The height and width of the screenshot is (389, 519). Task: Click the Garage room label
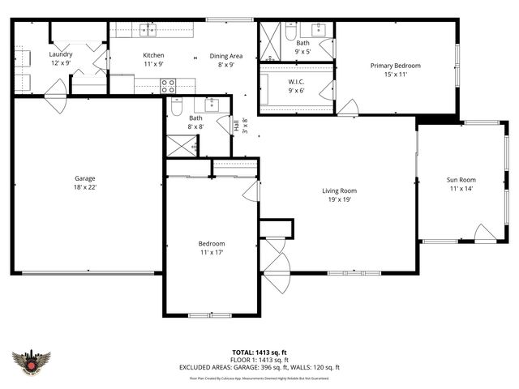(85, 178)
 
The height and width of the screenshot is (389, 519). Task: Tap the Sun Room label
(461, 180)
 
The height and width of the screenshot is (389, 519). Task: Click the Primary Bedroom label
(395, 66)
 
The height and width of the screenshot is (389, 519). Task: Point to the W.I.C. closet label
(296, 82)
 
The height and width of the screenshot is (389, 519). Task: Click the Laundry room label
(61, 54)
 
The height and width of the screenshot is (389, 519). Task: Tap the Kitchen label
(153, 55)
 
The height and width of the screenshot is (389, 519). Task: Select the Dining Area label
(226, 56)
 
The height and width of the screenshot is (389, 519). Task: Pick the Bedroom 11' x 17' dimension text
(212, 252)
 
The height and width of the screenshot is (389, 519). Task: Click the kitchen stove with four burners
(168, 83)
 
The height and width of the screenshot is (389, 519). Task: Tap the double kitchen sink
(148, 30)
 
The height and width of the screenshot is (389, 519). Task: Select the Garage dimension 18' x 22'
(85, 187)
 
